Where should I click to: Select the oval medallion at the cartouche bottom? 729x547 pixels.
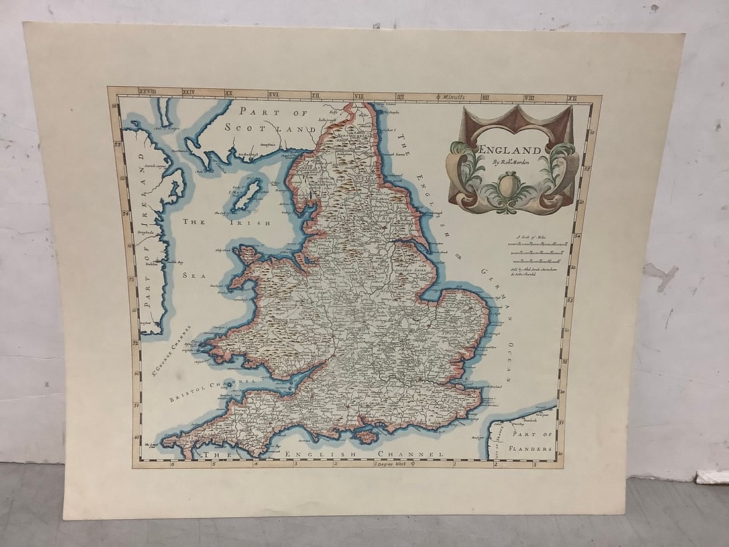tap(508, 185)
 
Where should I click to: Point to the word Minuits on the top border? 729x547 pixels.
tap(457, 97)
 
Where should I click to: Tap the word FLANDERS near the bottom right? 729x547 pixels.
tap(532, 449)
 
